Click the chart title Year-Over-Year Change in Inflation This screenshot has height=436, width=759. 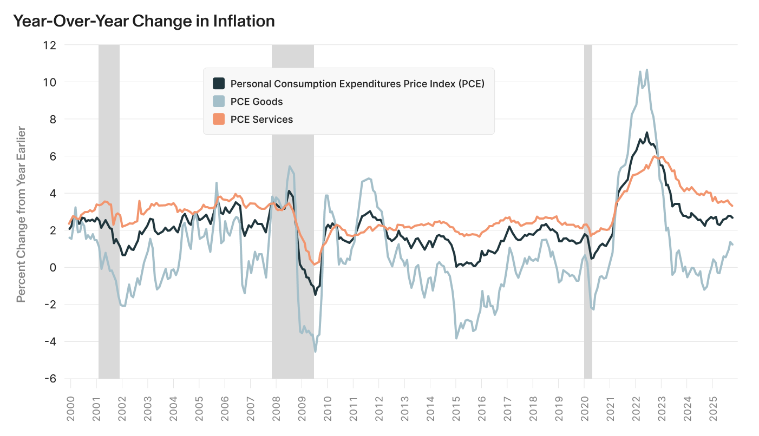143,21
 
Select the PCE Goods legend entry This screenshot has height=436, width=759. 256,101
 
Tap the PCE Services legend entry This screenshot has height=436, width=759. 261,120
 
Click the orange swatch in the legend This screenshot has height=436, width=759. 219,120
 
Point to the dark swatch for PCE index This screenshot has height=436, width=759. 219,83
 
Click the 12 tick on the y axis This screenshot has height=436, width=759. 49,45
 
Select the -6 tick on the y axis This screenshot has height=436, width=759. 49,379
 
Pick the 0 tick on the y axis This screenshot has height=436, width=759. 53,267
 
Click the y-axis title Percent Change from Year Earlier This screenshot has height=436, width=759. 21,215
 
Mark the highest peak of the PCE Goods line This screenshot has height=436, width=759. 646,70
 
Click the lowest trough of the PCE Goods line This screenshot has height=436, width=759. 315,352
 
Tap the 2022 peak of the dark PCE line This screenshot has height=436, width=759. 646,133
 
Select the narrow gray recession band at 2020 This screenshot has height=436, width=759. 588,211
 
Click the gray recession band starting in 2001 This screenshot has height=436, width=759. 109,211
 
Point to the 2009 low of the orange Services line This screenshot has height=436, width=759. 315,264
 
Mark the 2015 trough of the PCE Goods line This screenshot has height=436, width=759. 456,338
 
